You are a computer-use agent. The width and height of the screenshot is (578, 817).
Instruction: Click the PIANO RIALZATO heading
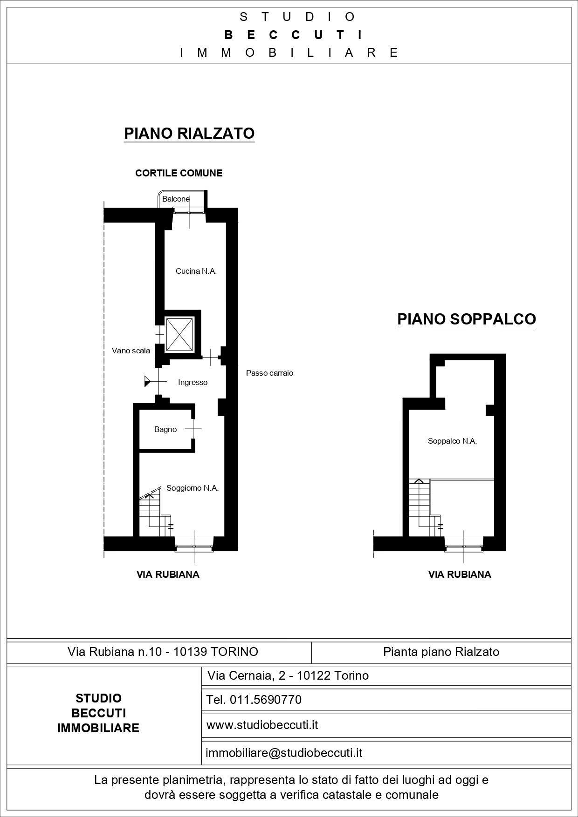(x=189, y=133)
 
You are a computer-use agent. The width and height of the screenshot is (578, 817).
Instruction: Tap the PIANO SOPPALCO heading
(x=466, y=319)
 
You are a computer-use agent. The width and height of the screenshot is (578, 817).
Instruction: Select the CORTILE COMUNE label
(x=179, y=173)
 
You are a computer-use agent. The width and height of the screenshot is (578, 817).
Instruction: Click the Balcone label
(x=176, y=199)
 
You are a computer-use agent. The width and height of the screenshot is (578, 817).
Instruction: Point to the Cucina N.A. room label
(x=196, y=271)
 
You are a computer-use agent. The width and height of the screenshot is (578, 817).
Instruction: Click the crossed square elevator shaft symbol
(x=179, y=334)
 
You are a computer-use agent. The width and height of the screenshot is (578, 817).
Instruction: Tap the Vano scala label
(x=131, y=351)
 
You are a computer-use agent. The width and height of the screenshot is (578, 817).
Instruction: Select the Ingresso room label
(x=193, y=382)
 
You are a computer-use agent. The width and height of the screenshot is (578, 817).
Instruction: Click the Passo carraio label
(x=269, y=373)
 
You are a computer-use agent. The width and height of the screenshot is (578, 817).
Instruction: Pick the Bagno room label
(x=165, y=429)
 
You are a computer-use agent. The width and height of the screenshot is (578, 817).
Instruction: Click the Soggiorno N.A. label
(x=193, y=488)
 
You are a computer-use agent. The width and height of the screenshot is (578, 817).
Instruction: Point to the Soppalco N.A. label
(x=452, y=441)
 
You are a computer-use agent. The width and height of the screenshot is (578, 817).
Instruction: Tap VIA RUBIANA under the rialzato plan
(x=168, y=574)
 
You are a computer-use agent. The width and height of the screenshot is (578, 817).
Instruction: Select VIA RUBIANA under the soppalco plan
(x=460, y=574)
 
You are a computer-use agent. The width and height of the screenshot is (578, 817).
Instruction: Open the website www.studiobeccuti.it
(x=262, y=725)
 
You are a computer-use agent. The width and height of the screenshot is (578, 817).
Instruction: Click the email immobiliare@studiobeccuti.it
(x=284, y=753)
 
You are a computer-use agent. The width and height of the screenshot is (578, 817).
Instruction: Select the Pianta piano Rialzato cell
(x=441, y=652)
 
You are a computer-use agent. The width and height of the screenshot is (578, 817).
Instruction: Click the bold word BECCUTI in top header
(x=293, y=35)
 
